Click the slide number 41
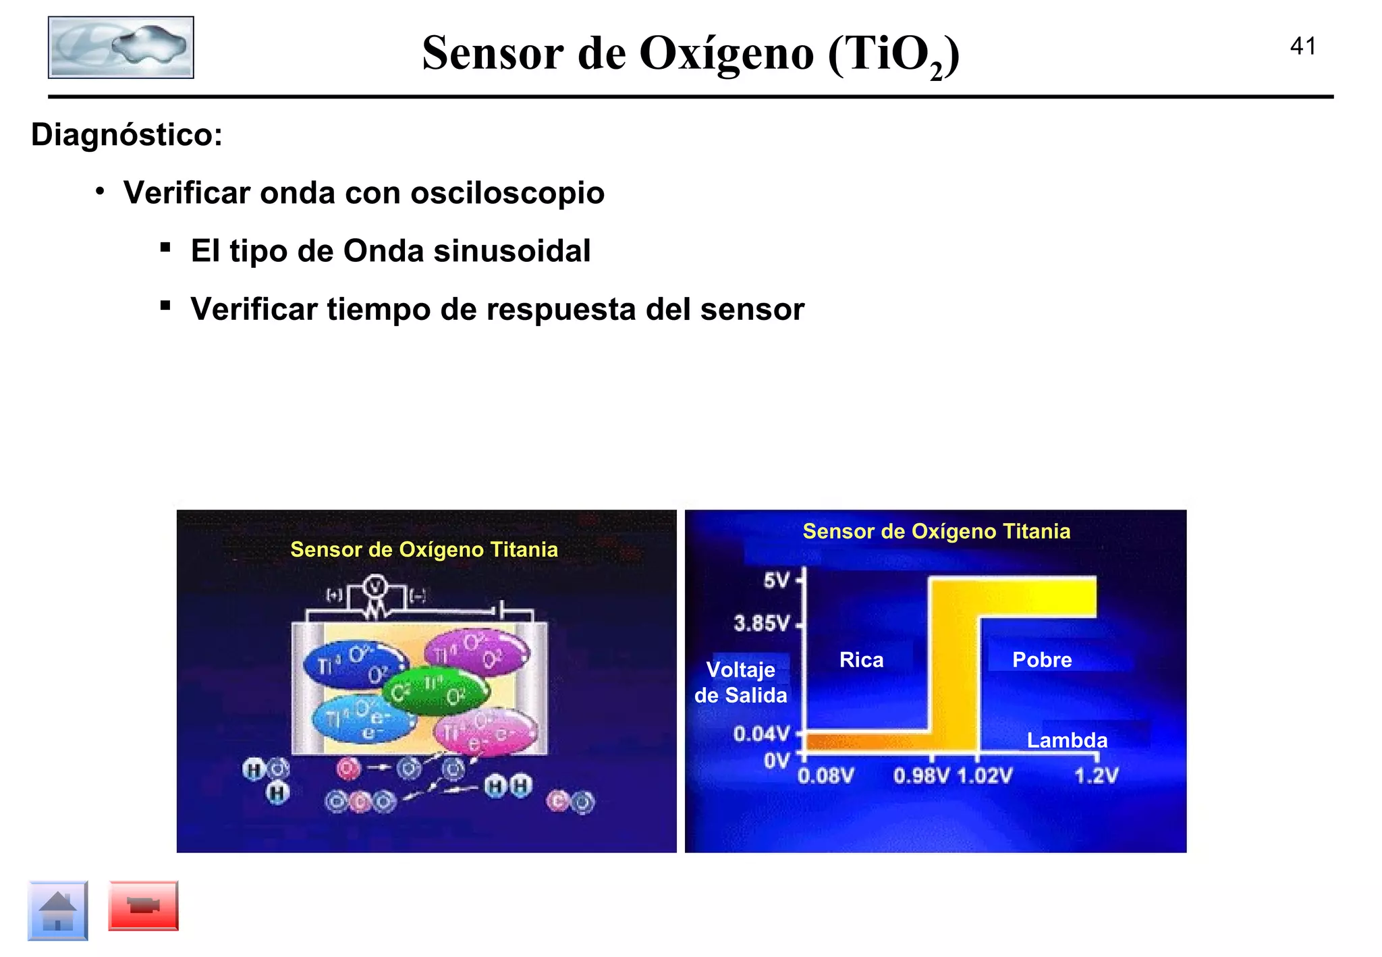[x=1302, y=47]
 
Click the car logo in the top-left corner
[x=121, y=48]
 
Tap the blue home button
[x=58, y=910]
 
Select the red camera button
[x=143, y=906]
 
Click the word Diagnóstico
[x=126, y=135]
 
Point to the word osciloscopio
[x=507, y=194]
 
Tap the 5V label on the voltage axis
[x=776, y=580]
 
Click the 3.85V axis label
[x=761, y=623]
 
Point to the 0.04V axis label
[x=761, y=734]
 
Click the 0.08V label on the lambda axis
[x=825, y=776]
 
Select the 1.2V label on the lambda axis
[x=1096, y=776]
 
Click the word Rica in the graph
[x=861, y=660]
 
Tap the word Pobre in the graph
[x=1041, y=660]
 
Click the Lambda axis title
[x=1067, y=740]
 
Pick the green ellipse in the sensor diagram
[x=435, y=690]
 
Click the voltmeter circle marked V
[x=375, y=587]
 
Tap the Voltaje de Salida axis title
[x=740, y=682]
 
